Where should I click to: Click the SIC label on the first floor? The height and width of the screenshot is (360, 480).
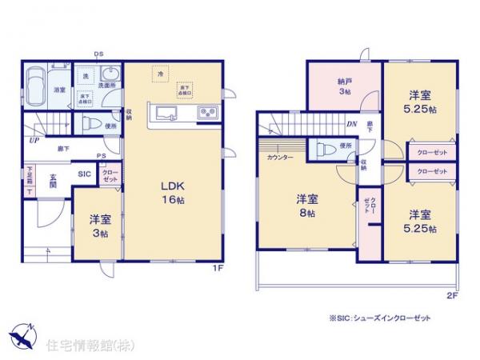coord(85,173)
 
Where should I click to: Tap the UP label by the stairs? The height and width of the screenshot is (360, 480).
coord(32,140)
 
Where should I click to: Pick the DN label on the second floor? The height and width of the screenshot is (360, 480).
coord(352,123)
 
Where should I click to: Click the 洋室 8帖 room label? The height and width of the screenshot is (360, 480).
coord(308,205)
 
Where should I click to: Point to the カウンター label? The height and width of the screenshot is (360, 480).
coord(279,157)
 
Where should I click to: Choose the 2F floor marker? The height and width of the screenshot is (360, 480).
coord(450,294)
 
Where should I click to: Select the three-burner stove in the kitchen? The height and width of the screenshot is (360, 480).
coord(208,112)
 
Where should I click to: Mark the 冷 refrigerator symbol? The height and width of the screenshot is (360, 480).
coord(160,73)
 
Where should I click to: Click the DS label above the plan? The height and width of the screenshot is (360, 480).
coord(99,54)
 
